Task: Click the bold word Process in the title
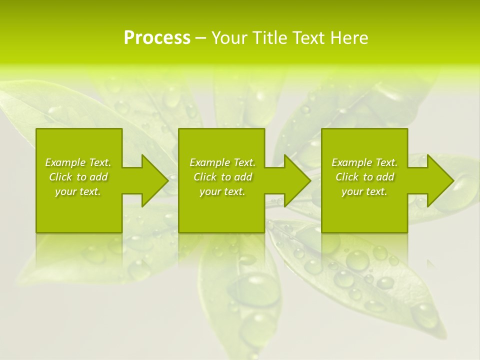157,38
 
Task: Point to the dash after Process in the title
200,38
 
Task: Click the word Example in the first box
65,162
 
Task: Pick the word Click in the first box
60,177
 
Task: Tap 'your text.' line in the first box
78,191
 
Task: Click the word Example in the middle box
209,162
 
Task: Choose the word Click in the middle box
205,177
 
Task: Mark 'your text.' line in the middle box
222,191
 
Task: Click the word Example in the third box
351,162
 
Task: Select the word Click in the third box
347,177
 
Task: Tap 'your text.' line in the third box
364,191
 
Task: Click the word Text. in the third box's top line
386,162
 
